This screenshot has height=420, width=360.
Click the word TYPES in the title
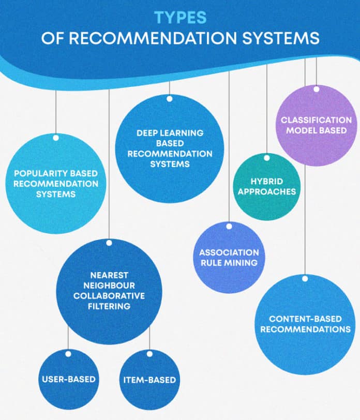(180, 18)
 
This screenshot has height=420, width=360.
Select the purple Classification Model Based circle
(316, 126)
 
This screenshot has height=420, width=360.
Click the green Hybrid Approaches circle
(267, 187)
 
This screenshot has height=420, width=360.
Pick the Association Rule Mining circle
(229, 258)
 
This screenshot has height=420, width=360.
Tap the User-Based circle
(68, 379)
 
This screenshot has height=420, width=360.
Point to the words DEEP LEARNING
(170, 133)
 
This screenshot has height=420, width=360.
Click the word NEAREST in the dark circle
(109, 275)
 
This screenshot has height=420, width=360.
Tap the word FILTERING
(109, 306)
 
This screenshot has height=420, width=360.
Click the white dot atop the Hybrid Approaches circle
(267, 158)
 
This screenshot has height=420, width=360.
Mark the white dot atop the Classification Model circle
(316, 89)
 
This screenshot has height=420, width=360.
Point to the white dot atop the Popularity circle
(55, 137)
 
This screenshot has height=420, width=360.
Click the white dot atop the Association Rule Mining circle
(229, 226)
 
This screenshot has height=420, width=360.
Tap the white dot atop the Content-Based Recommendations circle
(305, 278)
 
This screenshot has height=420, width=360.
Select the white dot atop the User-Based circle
(68, 354)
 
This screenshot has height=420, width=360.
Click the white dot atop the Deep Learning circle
(169, 98)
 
